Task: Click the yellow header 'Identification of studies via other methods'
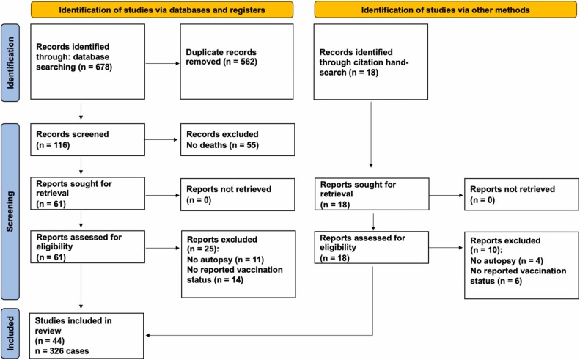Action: [445, 10]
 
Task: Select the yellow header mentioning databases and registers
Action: [162, 10]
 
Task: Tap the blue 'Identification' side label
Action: [10, 63]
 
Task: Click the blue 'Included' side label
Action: [10, 334]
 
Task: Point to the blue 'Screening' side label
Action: [10, 211]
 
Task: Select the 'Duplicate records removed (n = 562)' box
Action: [237, 62]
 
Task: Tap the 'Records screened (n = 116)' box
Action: [88, 139]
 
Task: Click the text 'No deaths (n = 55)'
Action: [222, 145]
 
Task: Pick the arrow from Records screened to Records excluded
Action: [161, 139]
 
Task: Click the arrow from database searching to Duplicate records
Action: [162, 63]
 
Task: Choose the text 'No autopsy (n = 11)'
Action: [225, 260]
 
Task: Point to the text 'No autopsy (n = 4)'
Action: [507, 261]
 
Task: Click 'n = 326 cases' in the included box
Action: [62, 350]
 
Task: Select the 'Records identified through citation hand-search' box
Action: [371, 62]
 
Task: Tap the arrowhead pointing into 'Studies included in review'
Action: [147, 336]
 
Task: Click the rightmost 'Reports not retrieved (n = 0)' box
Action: [521, 194]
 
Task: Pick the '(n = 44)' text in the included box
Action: [50, 341]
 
